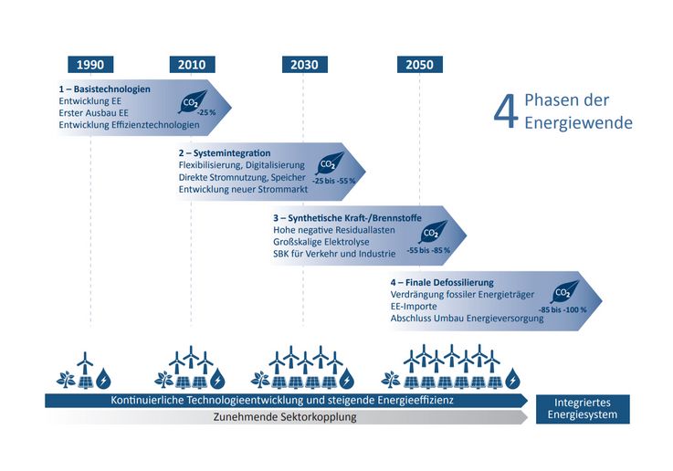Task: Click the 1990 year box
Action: point(90,64)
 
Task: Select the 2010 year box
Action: point(192,64)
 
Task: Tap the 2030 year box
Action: point(305,64)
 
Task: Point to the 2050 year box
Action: point(420,64)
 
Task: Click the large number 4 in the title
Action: point(506,112)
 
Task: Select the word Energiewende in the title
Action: point(578,122)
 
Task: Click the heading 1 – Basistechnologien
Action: point(105,89)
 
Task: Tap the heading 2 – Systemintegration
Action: point(225,153)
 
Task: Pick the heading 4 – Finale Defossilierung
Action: point(442,283)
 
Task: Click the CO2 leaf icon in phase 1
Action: point(192,101)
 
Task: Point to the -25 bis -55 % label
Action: point(334,181)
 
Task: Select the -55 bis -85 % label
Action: point(429,250)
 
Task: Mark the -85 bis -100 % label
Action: point(563,309)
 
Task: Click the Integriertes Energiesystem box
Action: point(583,409)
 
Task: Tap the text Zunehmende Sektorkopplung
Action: point(285,417)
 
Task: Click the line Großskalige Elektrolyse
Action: point(321,242)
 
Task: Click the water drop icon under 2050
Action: point(512,378)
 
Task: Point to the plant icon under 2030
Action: point(260,380)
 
